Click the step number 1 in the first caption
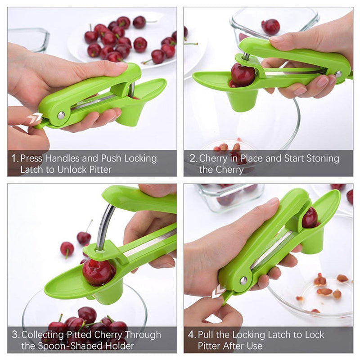[x=14, y=158]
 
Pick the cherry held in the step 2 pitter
[x=243, y=75]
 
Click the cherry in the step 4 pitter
[x=310, y=218]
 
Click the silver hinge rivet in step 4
[x=243, y=280]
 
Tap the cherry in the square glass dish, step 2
[x=271, y=27]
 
